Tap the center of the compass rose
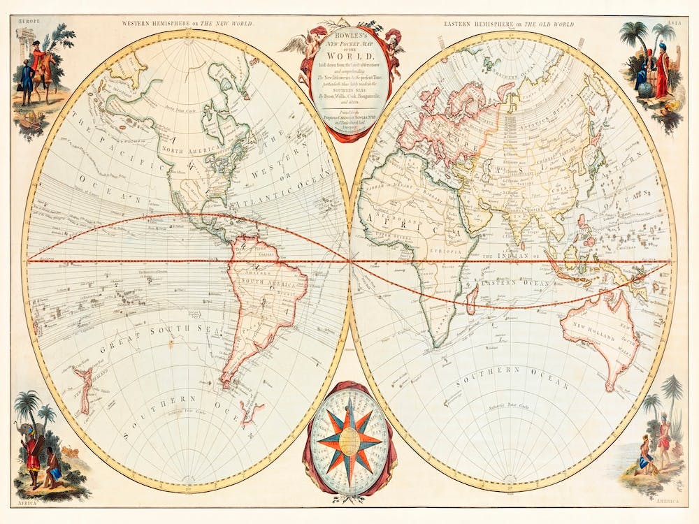349,439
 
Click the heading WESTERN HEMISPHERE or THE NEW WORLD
187,23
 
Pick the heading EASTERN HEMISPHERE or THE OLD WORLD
508,23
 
